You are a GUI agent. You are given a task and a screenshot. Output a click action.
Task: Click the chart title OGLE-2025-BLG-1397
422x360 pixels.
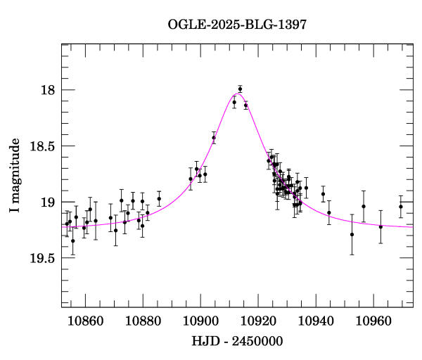click(237, 25)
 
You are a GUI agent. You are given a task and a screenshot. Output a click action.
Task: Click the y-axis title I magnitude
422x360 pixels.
click(15, 175)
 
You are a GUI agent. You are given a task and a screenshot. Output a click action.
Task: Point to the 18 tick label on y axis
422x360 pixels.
click(47, 90)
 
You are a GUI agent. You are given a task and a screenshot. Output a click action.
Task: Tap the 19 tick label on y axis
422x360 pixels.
click(47, 202)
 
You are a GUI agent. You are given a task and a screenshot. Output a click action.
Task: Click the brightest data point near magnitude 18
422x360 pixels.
click(240, 89)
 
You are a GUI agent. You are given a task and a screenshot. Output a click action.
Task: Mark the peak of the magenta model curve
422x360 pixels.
click(238, 94)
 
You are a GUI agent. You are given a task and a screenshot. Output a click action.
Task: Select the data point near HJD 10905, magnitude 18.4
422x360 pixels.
click(214, 138)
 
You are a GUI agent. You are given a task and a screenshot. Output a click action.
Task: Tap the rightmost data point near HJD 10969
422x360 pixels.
click(401, 207)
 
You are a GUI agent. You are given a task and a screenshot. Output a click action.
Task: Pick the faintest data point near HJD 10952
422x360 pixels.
click(352, 234)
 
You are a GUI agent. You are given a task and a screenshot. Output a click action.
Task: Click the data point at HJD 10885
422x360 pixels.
click(159, 198)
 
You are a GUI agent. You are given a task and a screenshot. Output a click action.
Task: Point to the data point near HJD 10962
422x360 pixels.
click(381, 226)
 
